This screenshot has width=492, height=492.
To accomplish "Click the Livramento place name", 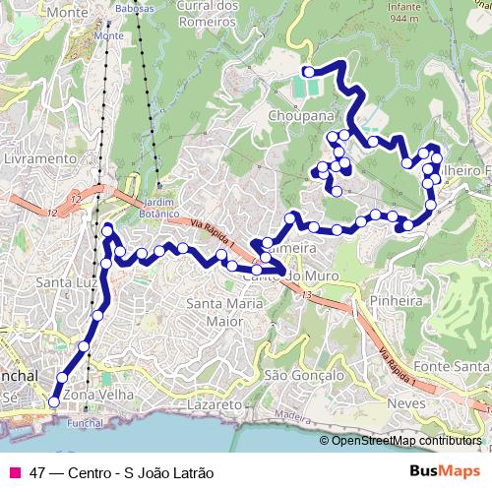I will pos(39,157).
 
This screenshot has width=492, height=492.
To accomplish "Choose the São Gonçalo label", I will pos(304,375).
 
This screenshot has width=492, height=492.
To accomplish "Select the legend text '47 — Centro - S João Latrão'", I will pos(122,471).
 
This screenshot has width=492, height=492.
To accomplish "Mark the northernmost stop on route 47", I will pos(308,71).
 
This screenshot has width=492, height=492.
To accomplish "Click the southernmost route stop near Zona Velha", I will pos(53,401).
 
